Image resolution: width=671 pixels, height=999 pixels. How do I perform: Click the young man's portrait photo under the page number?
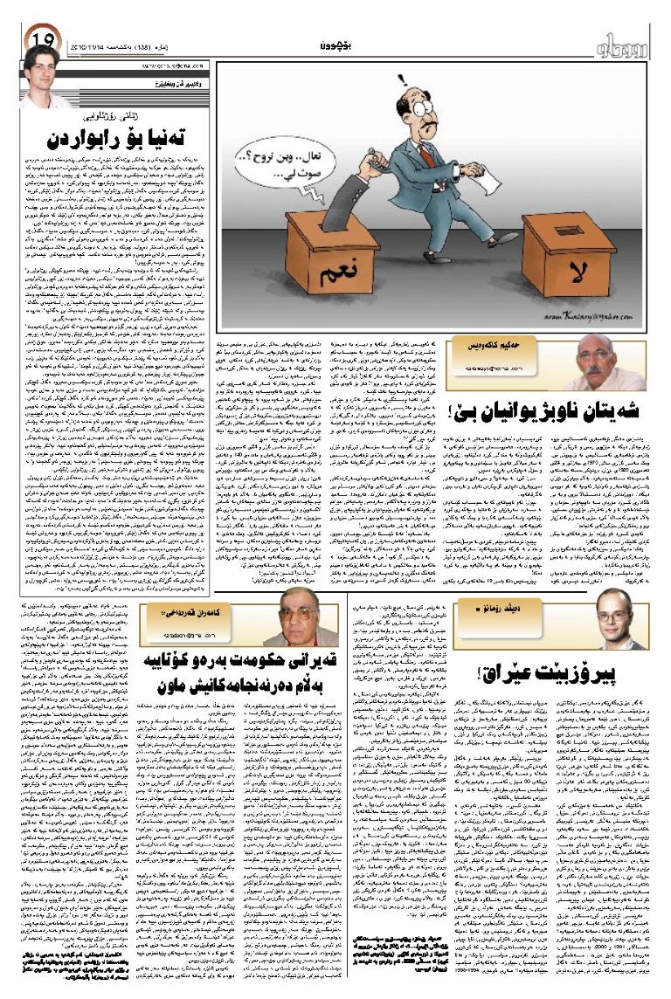tap(41, 78)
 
